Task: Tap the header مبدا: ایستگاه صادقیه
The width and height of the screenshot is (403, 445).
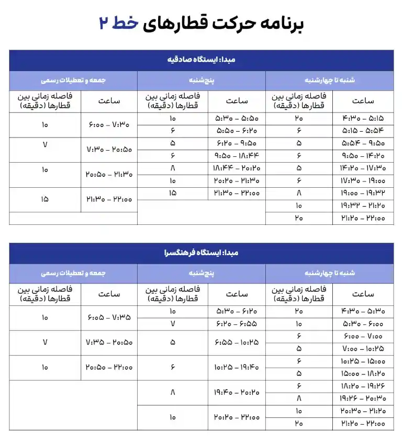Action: (x=201, y=60)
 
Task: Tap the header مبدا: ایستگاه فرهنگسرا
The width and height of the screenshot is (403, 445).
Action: (x=201, y=253)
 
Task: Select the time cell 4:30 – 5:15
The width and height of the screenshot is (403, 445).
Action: (x=363, y=119)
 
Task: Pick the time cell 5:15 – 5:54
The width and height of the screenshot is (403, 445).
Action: (x=363, y=131)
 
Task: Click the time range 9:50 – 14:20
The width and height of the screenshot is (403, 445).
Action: (x=363, y=155)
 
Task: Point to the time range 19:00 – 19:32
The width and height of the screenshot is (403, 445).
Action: (x=363, y=193)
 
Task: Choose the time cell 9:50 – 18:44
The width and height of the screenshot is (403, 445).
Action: (x=237, y=155)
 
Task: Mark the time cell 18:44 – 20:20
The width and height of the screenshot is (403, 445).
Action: (x=237, y=168)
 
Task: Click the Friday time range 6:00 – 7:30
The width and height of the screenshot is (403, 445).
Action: (x=109, y=125)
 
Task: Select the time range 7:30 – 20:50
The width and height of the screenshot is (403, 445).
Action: (x=109, y=150)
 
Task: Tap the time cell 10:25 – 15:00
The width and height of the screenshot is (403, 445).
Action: (x=363, y=361)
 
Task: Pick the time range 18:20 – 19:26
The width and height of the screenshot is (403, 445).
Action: (x=363, y=386)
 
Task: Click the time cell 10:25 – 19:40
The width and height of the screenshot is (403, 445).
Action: (x=237, y=367)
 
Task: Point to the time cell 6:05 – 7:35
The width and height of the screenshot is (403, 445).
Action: (x=109, y=317)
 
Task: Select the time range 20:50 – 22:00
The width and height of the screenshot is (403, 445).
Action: (x=109, y=367)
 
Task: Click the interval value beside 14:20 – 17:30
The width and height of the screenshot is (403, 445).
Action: (x=299, y=168)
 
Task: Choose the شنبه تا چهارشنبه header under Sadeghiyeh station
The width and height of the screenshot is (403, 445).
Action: (x=330, y=81)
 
